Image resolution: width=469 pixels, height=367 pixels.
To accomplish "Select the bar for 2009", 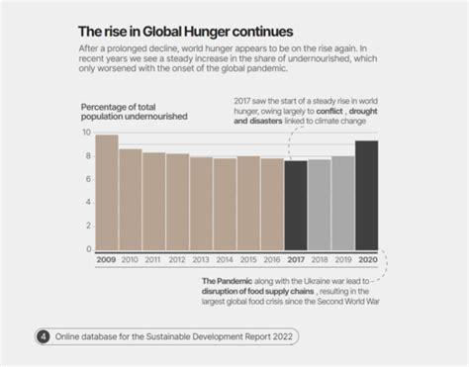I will [106, 193].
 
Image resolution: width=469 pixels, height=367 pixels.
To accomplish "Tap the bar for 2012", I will [177, 202].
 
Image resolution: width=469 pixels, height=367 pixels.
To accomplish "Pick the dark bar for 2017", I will [295, 205].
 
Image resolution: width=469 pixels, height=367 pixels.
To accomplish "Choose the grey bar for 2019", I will [342, 203].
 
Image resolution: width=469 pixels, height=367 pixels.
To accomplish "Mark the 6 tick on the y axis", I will [88, 179].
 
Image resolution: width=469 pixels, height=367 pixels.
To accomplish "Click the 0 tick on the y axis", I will [88, 249].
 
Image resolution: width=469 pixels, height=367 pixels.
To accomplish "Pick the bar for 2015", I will [248, 203].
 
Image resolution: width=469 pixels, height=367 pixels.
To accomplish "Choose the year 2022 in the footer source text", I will [278, 336].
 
